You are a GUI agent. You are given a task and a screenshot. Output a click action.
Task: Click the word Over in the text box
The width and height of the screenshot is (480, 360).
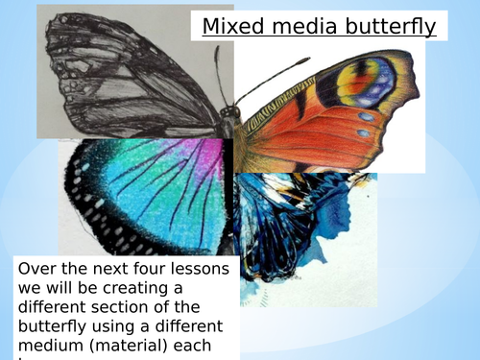point(37,270)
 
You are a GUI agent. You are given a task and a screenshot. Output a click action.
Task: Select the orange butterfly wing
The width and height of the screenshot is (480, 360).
point(326,125)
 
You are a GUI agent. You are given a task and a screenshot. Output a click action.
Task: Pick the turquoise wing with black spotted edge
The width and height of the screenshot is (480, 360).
point(144,192)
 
